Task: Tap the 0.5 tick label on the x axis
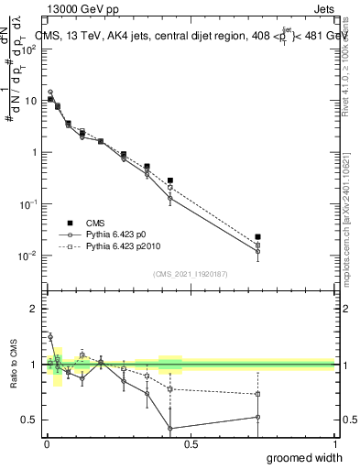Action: pos(190,444)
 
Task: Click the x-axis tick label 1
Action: pos(333,444)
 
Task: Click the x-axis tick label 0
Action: pos(46,444)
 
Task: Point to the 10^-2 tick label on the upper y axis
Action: pos(27,256)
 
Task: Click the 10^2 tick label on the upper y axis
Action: pos(27,49)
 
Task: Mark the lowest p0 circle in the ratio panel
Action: pos(169,429)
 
